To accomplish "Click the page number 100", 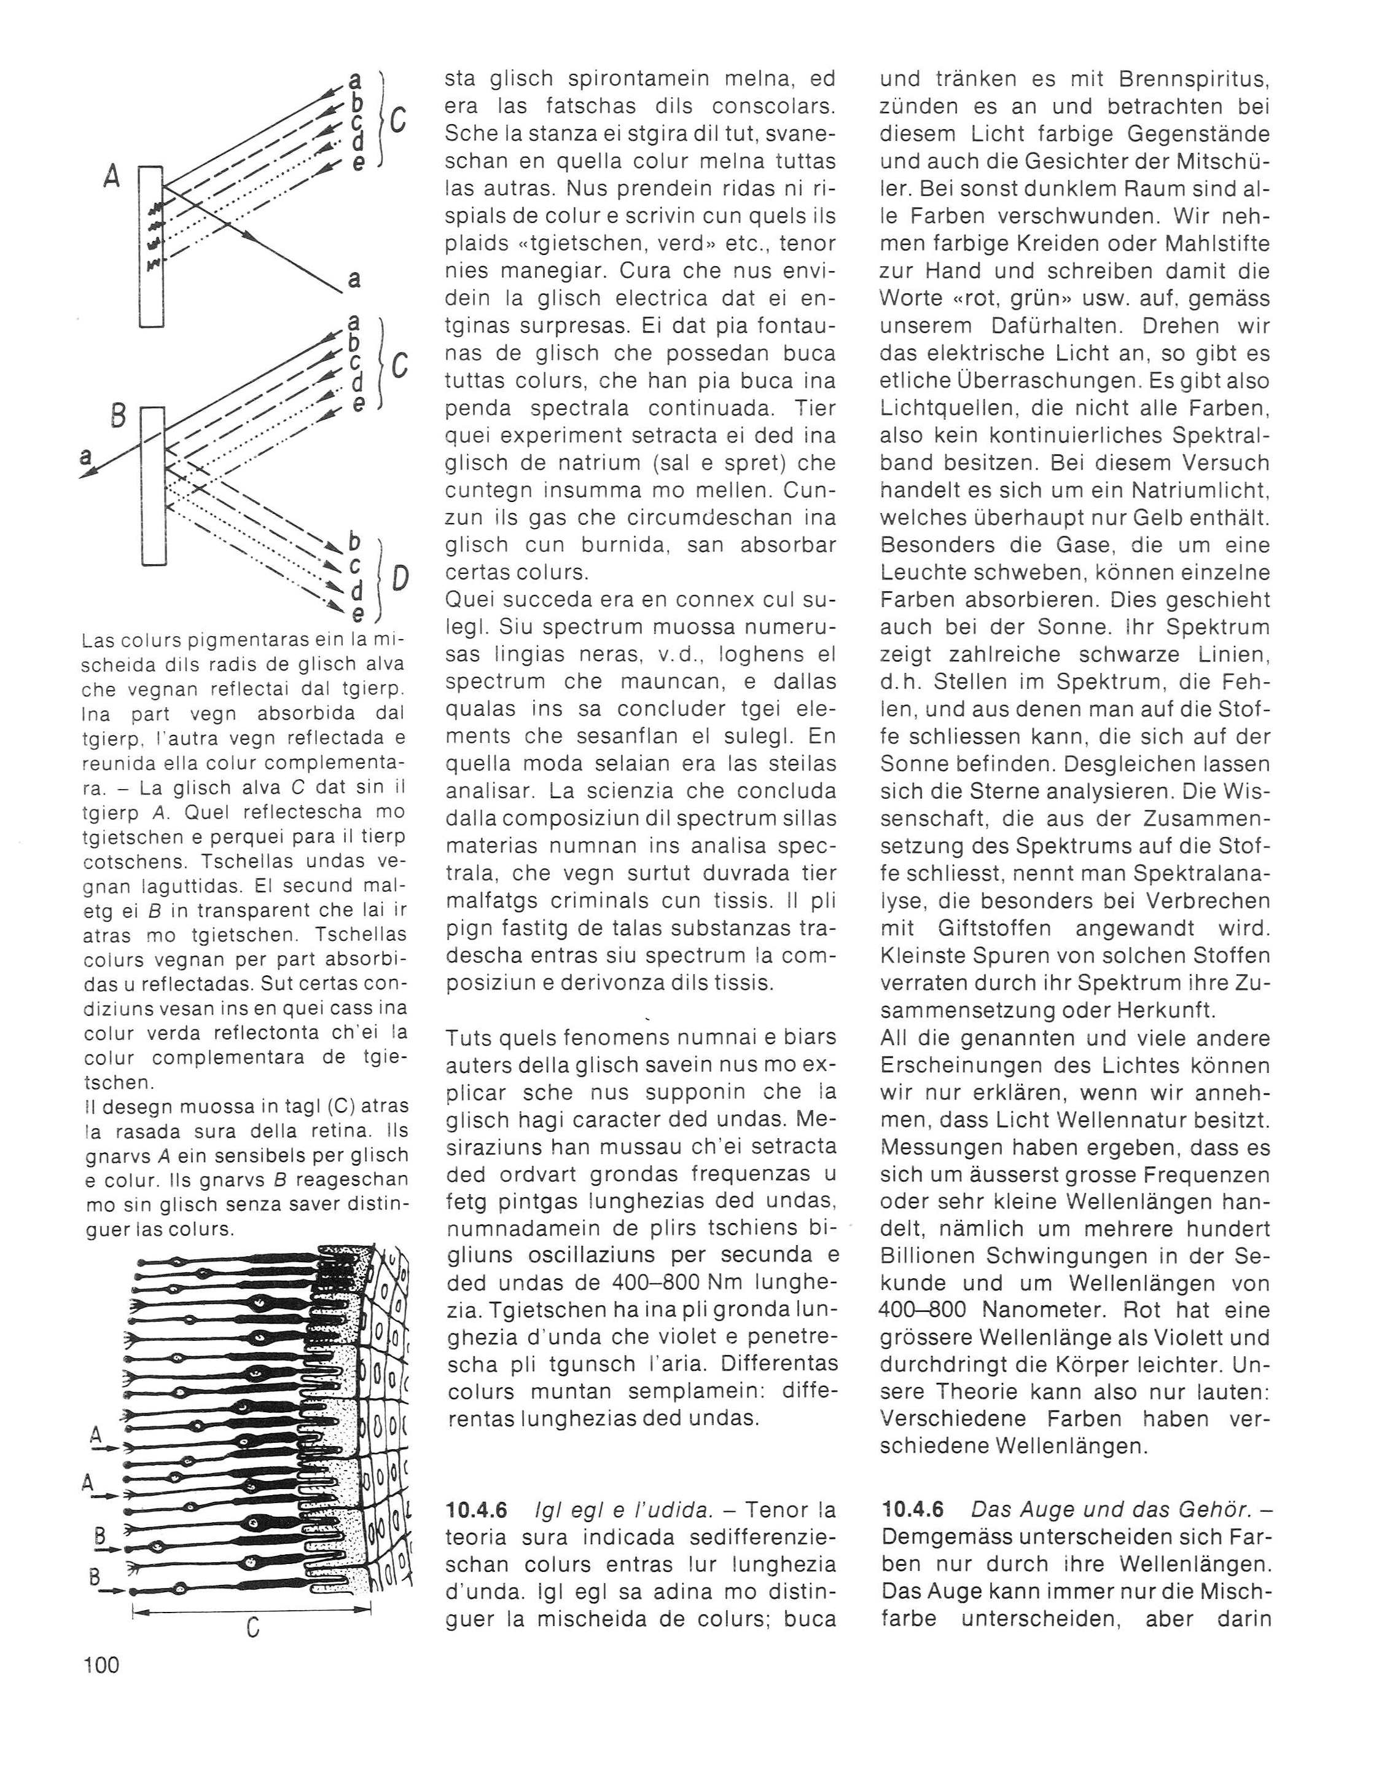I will [x=101, y=1665].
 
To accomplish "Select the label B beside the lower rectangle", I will [x=117, y=417].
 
